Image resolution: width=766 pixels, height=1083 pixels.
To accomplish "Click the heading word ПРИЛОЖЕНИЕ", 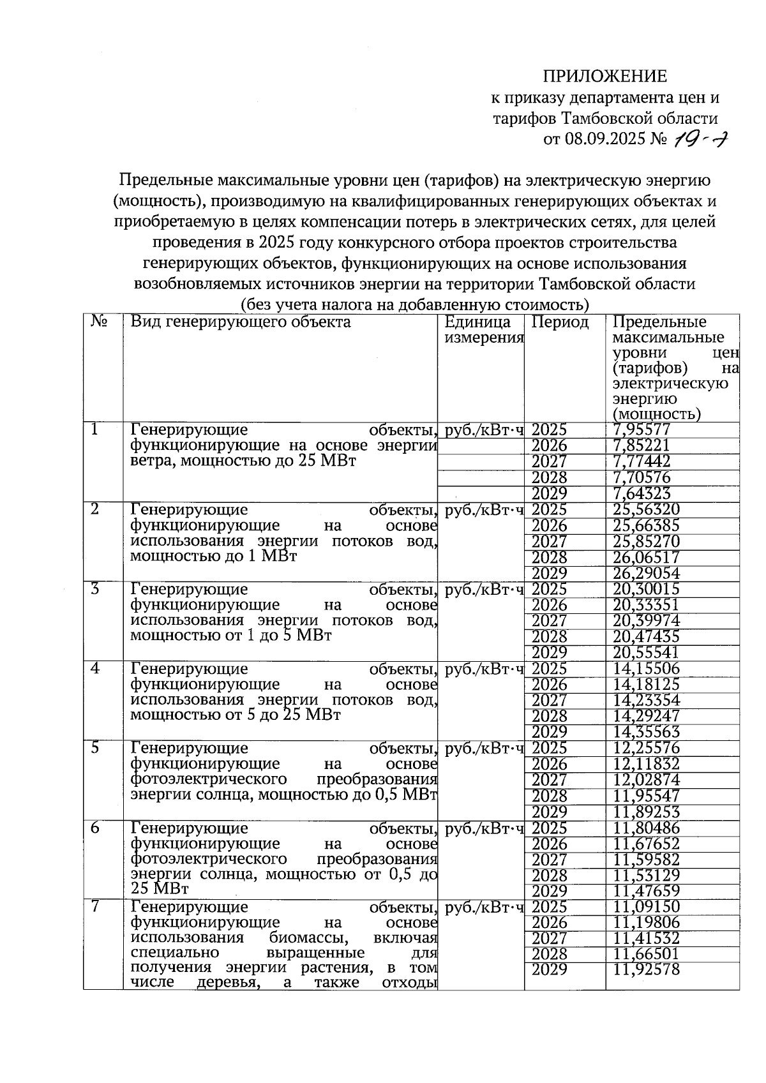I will point(605,77).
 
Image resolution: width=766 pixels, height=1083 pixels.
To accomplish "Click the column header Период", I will point(560,322).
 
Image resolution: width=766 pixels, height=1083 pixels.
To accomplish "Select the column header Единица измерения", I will point(483,330).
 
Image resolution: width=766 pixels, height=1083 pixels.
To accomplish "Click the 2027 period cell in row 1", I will point(549,461).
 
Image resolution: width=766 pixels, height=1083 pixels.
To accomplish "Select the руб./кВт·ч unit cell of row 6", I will point(483,828).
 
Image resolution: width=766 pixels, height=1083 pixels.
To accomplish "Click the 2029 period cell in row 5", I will point(549,812).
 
